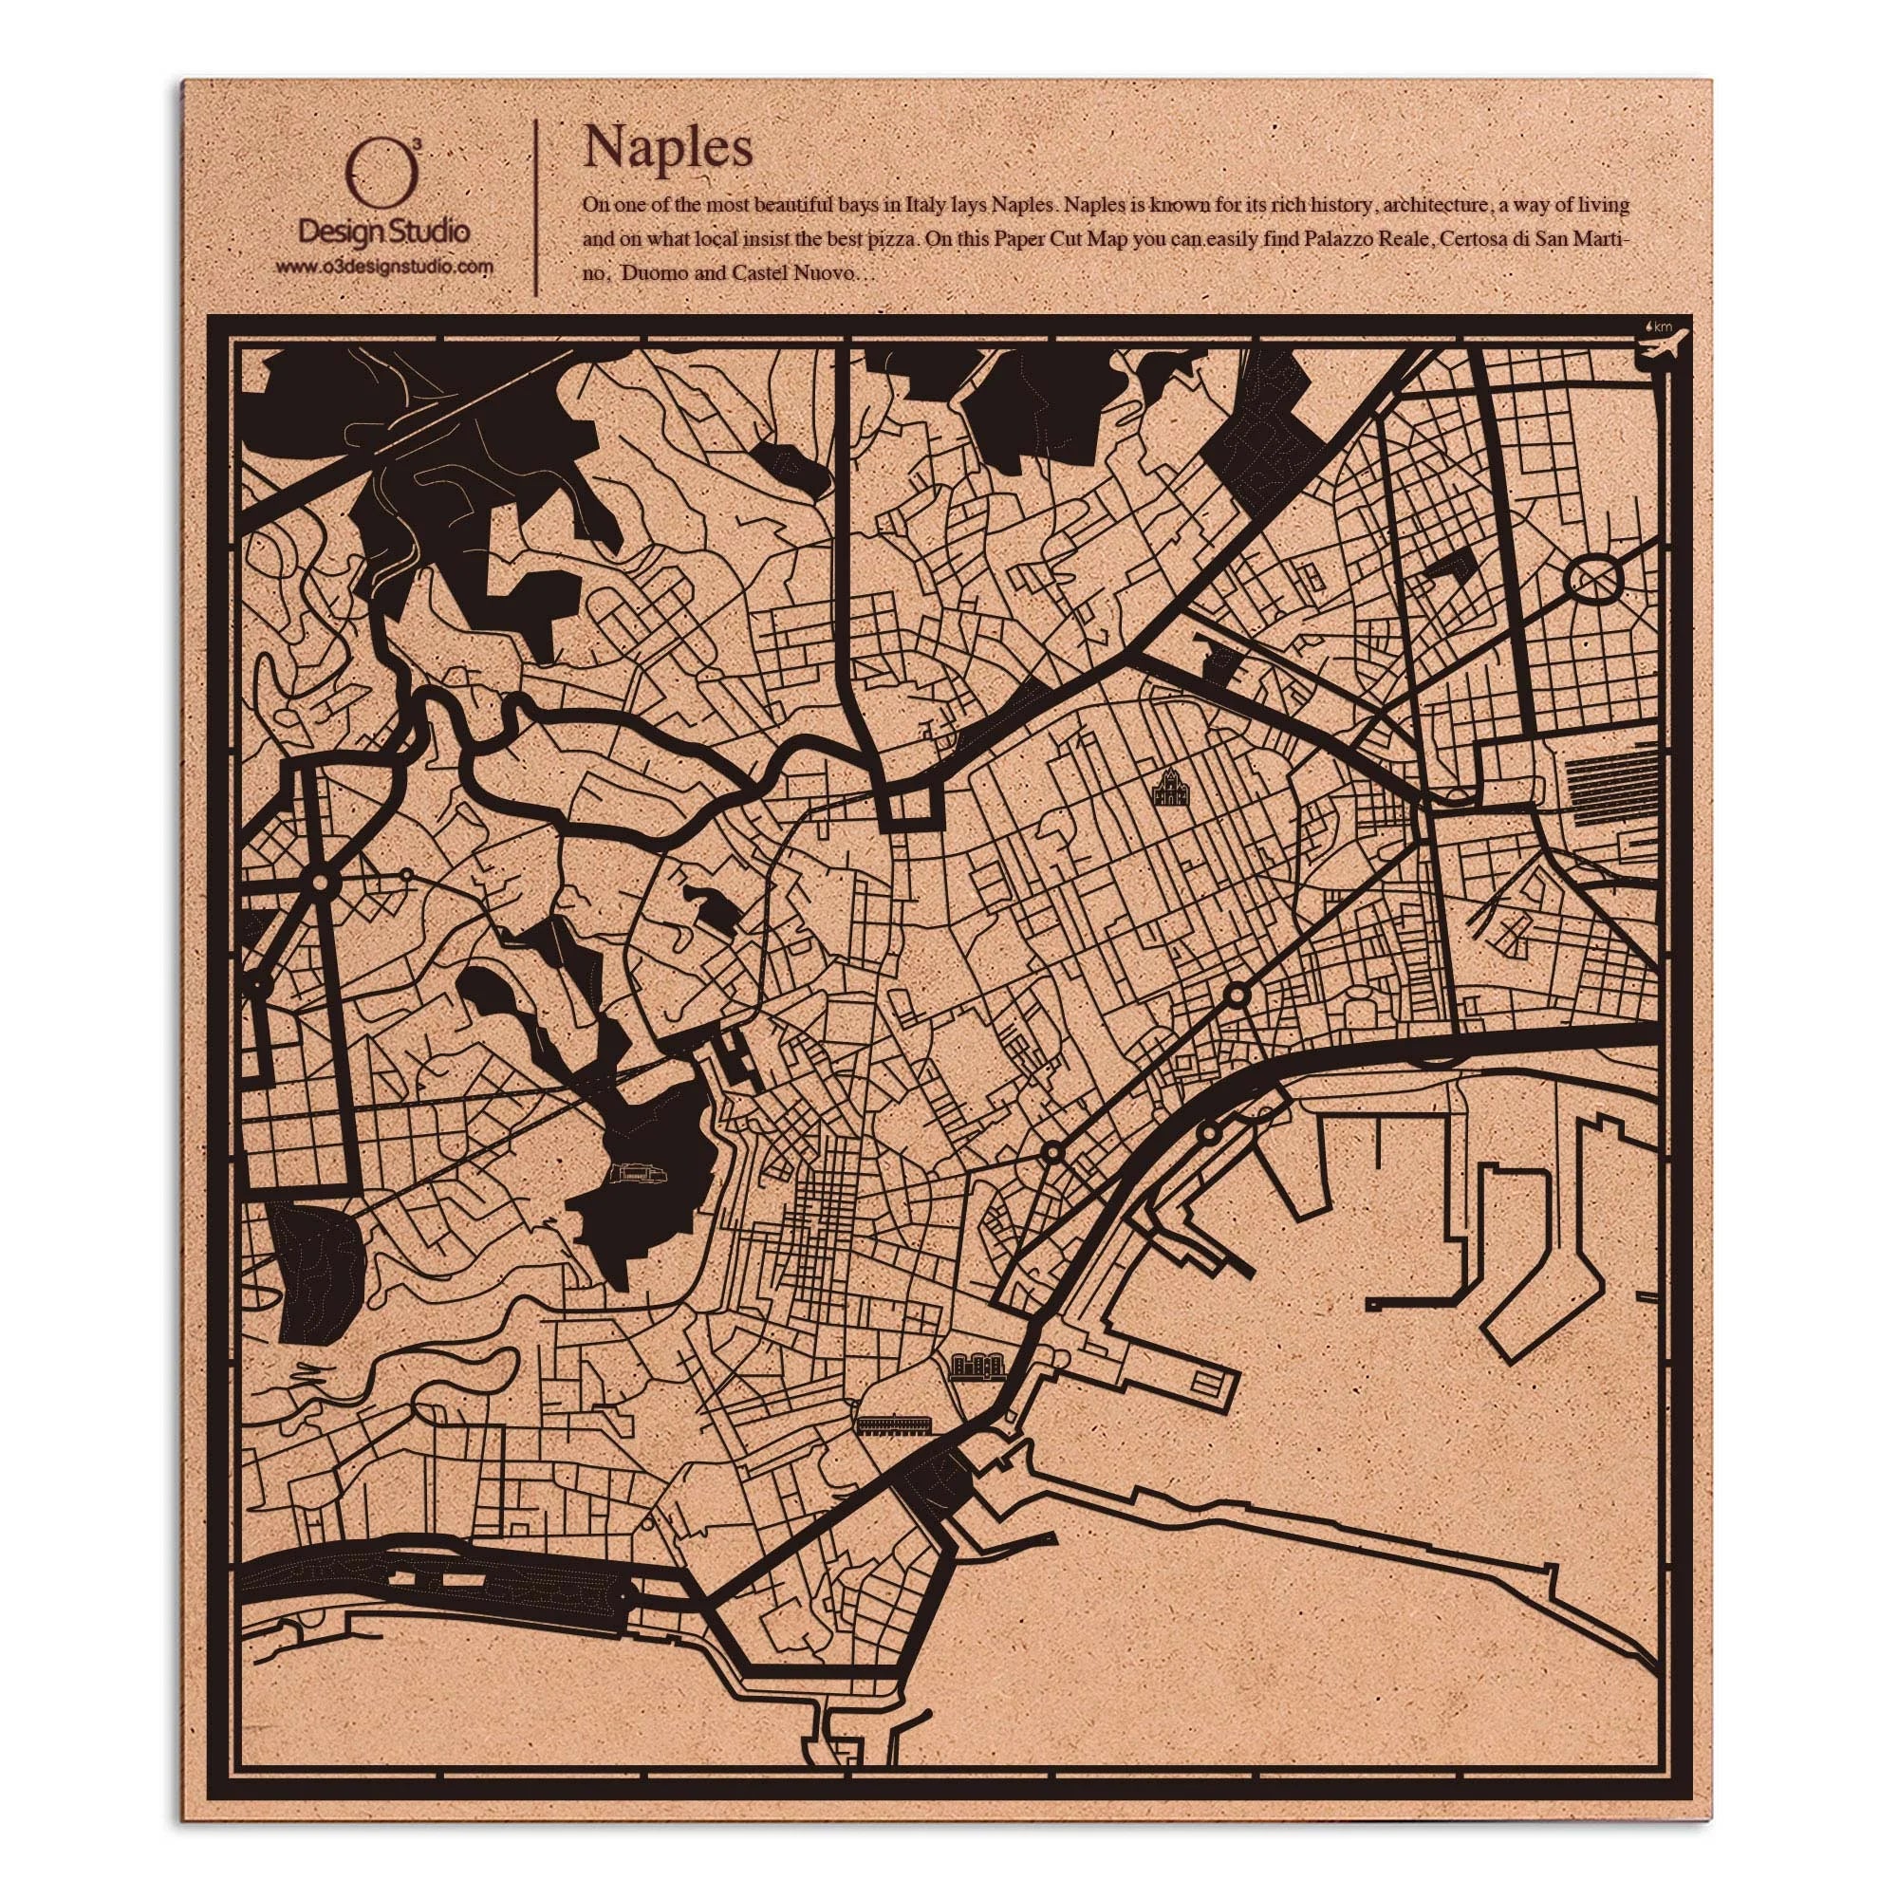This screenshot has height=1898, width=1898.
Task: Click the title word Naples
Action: click(x=668, y=148)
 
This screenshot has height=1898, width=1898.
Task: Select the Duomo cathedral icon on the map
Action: click(x=1169, y=788)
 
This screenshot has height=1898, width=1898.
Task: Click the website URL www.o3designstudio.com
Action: click(x=384, y=268)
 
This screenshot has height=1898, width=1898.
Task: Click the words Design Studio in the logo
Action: click(x=384, y=233)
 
